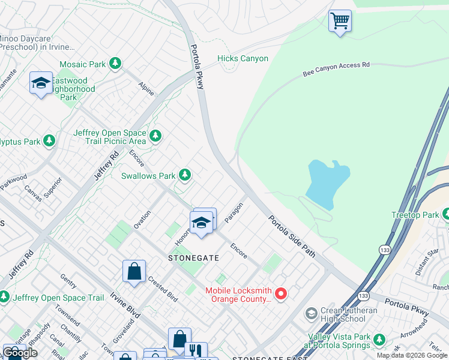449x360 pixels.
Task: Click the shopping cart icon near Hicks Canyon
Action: (340, 22)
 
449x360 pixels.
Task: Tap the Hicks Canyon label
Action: (243, 58)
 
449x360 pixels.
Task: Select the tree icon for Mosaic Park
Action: (115, 64)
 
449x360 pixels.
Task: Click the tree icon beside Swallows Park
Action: (185, 175)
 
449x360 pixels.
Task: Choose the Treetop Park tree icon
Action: (445, 214)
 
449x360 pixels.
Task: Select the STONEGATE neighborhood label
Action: (193, 257)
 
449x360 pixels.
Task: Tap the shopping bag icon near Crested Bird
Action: (134, 271)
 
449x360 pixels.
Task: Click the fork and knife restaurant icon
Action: (196, 350)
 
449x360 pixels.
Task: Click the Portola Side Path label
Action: (291, 236)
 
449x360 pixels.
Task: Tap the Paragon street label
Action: (236, 212)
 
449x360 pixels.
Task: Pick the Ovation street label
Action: (142, 219)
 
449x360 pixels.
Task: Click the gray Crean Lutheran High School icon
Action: (311, 313)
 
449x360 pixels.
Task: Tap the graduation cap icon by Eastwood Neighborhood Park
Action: (41, 83)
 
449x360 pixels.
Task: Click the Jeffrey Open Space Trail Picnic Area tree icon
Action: (155, 136)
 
